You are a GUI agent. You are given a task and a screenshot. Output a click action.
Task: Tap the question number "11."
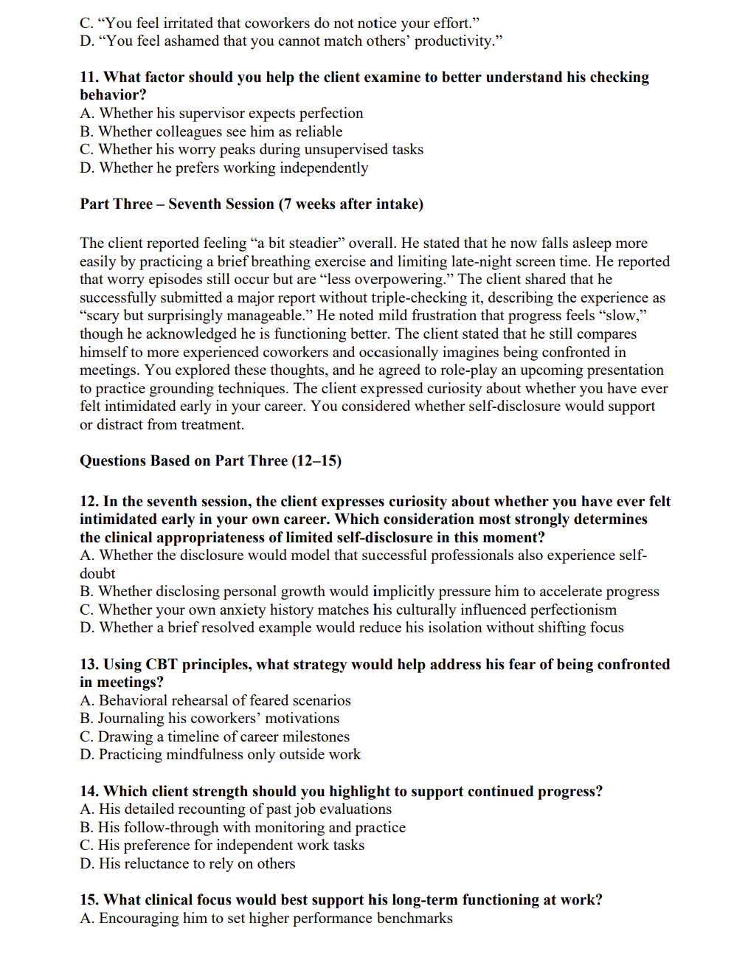pos(89,77)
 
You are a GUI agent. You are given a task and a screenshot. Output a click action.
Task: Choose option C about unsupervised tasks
pos(251,150)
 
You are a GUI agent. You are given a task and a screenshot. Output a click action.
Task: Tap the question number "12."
pos(89,502)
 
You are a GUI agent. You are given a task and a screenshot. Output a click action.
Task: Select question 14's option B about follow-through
pos(242,828)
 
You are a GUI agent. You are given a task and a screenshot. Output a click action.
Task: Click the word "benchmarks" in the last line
pos(415,919)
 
